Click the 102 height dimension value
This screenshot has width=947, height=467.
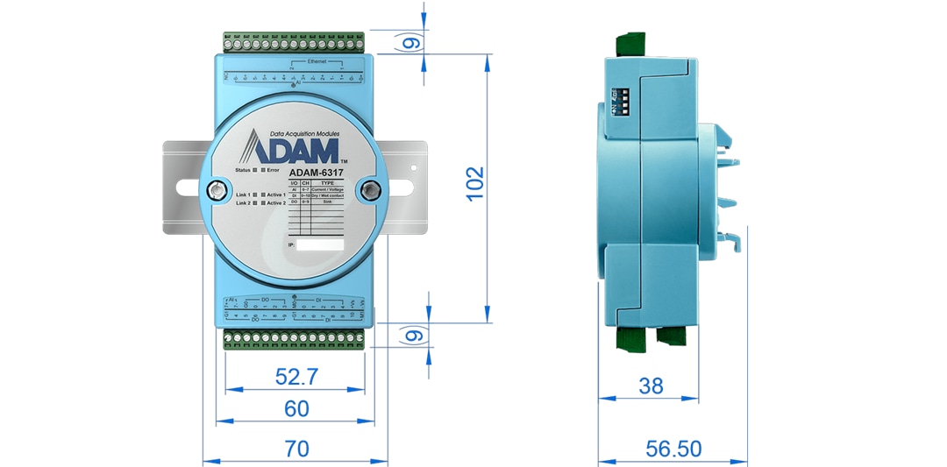[x=474, y=184]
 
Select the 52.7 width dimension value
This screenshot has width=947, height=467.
[x=295, y=377]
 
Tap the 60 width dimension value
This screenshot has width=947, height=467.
[x=296, y=407]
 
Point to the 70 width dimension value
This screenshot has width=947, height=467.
[x=296, y=449]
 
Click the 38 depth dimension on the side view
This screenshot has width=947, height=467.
[x=651, y=386]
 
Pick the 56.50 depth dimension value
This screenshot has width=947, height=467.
[x=673, y=449]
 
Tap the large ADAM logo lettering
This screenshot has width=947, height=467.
[x=293, y=146]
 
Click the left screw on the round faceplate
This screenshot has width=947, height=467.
[x=213, y=188]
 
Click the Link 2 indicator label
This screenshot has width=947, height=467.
[x=243, y=203]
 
